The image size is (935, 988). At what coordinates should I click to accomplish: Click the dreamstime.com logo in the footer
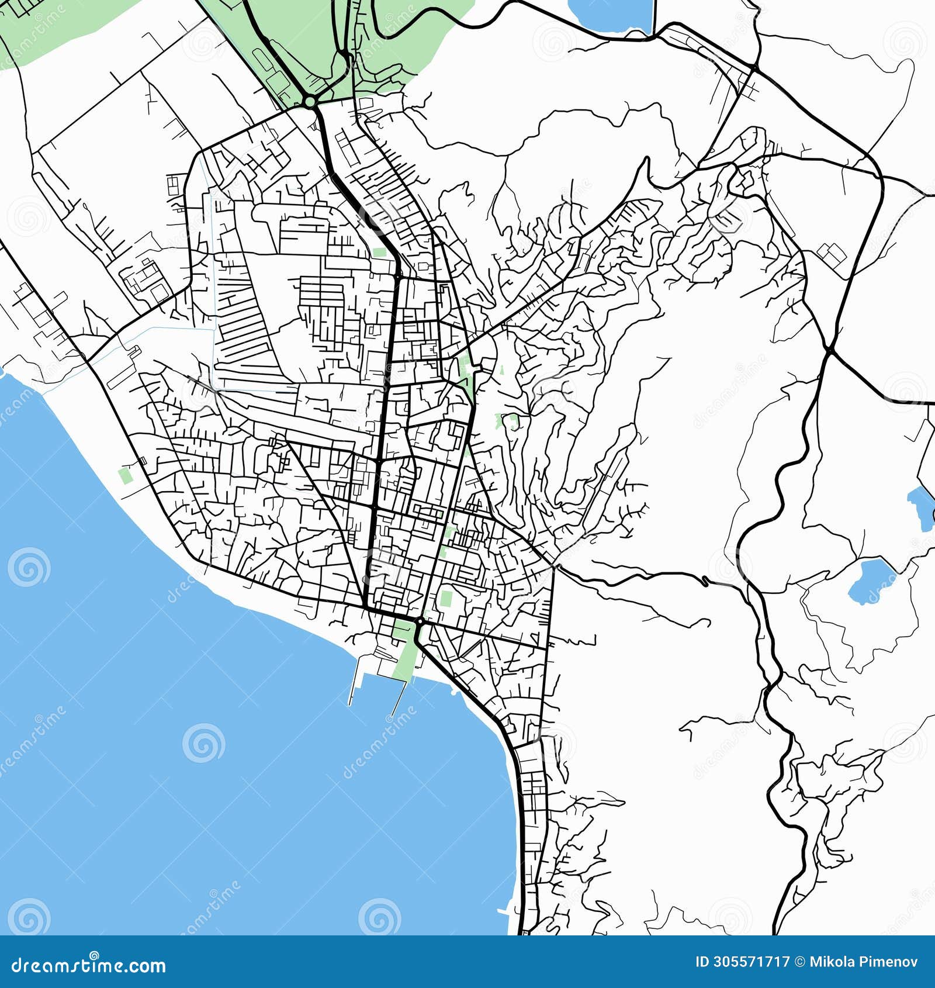coord(89,966)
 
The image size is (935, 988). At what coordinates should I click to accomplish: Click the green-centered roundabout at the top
coord(310,102)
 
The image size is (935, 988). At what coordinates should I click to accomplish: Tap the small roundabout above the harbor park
coord(420,620)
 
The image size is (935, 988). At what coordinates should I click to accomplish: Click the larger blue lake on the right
coord(867,581)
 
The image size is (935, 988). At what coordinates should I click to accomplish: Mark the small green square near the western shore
coord(124,475)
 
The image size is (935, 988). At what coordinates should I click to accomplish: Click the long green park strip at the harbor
coord(405,652)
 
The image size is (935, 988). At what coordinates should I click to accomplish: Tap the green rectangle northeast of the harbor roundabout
coord(446,598)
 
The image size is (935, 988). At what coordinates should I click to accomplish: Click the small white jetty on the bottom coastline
coord(503,911)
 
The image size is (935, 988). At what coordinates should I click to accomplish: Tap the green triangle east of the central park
coord(501,369)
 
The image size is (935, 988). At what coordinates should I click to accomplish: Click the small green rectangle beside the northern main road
coord(379,253)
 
